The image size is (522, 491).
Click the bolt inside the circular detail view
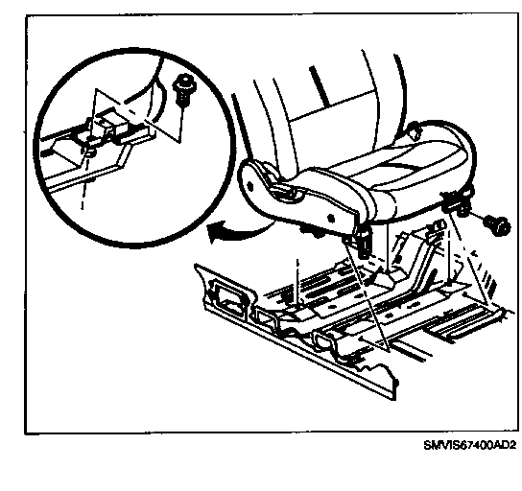184,89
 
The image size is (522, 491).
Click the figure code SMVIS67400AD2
470,445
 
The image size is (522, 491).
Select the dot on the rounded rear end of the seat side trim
250,186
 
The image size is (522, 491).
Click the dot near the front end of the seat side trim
331,219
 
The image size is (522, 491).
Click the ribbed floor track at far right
462,321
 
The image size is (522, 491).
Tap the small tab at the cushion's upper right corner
414,132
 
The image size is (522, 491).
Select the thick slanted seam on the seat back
319,85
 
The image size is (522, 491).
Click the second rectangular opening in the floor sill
266,317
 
